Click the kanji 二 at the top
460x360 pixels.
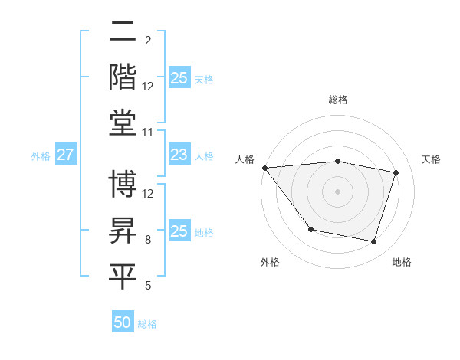click(x=123, y=32)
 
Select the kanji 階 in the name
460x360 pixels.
click(x=123, y=77)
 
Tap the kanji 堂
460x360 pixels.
click(x=123, y=123)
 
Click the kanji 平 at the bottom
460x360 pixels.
click(x=123, y=277)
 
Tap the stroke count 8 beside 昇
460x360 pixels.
click(x=148, y=240)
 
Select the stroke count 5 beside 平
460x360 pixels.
click(x=148, y=286)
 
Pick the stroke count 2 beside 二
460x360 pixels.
click(x=148, y=41)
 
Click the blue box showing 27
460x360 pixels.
click(x=65, y=155)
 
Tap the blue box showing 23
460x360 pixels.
click(x=179, y=155)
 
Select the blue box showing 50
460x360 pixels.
click(x=123, y=322)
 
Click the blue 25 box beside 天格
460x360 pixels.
click(x=179, y=77)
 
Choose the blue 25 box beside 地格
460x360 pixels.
click(x=179, y=231)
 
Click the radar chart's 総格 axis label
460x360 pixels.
click(x=338, y=100)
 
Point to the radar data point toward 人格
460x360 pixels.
click(x=264, y=168)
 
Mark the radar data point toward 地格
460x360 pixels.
click(x=373, y=242)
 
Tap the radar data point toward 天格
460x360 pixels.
click(x=396, y=172)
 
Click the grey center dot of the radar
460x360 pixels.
click(x=338, y=191)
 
